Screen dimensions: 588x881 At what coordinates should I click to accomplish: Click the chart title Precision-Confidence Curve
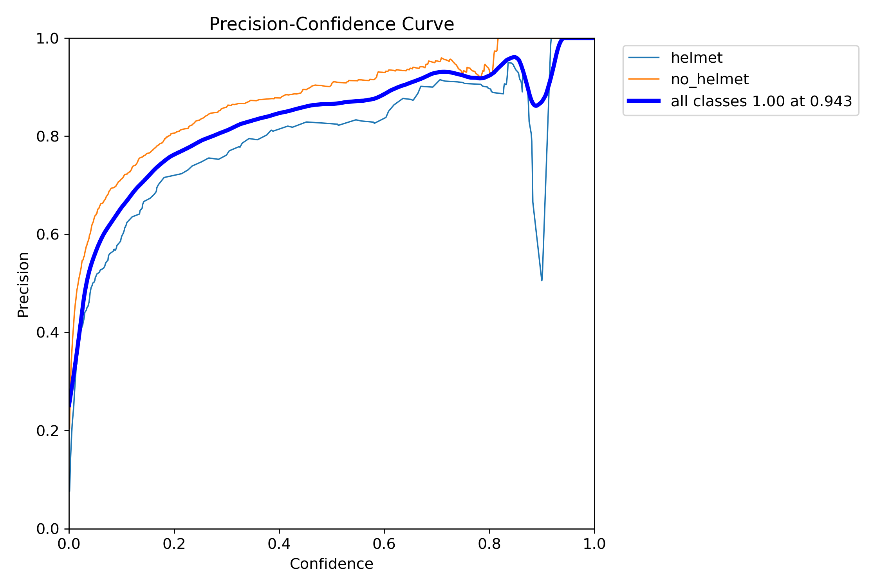click(331, 24)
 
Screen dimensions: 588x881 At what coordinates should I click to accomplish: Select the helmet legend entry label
click(696, 58)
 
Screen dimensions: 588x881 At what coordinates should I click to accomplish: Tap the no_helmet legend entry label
click(709, 80)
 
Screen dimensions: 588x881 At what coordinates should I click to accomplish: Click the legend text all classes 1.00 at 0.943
click(761, 102)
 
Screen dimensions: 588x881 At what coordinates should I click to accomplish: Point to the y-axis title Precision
click(23, 285)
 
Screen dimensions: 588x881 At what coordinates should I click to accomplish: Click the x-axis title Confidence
click(331, 564)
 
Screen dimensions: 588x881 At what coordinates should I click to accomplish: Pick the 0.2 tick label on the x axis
click(174, 544)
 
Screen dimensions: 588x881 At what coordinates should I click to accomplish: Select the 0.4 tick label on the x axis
click(279, 544)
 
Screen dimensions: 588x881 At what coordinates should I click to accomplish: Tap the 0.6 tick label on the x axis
click(384, 544)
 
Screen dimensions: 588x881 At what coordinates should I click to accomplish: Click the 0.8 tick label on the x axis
click(489, 544)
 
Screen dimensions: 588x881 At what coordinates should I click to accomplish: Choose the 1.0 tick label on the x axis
click(594, 544)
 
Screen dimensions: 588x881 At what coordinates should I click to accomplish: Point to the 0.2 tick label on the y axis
click(47, 431)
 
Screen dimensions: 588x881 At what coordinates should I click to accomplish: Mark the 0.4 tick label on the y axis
click(47, 333)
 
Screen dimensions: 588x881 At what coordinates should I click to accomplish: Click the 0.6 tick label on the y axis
click(47, 235)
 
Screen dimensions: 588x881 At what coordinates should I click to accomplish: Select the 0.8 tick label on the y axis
click(47, 136)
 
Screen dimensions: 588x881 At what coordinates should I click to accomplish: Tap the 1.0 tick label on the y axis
click(47, 39)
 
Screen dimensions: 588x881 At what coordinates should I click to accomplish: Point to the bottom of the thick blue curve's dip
click(536, 106)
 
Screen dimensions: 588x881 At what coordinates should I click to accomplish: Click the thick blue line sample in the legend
click(644, 101)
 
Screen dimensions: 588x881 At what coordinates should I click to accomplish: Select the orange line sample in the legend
click(644, 79)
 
